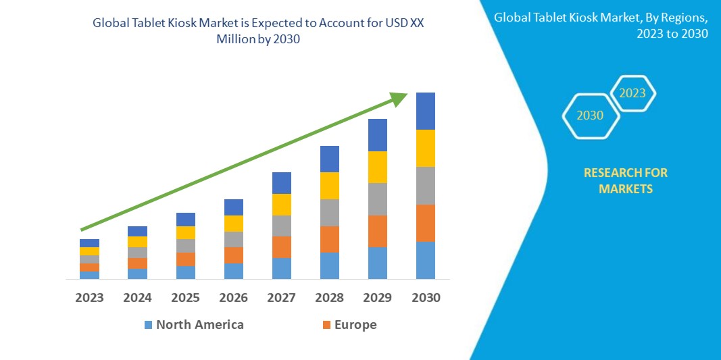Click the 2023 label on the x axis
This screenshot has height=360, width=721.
[89, 297]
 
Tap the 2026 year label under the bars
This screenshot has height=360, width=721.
[233, 297]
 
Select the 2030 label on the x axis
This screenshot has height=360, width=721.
[425, 297]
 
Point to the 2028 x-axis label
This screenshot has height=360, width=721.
[329, 297]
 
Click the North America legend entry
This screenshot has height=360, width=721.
[199, 325]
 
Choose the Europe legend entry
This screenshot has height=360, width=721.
[355, 325]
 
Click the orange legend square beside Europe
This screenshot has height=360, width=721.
[327, 325]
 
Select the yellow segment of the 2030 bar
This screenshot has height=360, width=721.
[425, 148]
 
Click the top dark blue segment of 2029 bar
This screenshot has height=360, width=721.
[377, 135]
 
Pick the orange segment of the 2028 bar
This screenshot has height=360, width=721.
[329, 239]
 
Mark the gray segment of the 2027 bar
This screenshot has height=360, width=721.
[281, 226]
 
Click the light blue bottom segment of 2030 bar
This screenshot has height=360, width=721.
[425, 260]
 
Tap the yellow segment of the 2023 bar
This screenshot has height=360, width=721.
[89, 251]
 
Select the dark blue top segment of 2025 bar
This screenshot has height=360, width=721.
[185, 220]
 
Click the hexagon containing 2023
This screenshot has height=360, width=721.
[632, 93]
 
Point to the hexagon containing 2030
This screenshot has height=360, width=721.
[590, 115]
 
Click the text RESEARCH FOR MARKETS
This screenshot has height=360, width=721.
[625, 181]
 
